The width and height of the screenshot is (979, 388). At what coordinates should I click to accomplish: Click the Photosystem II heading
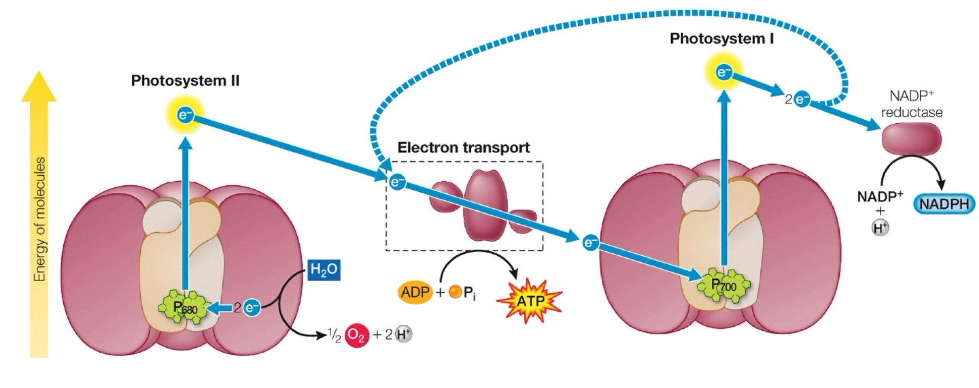point(185,81)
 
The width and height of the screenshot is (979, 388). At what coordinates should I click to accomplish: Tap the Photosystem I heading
point(722,39)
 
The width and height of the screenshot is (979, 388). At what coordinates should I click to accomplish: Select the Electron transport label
point(464,148)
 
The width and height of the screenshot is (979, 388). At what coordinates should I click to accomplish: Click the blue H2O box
point(324,270)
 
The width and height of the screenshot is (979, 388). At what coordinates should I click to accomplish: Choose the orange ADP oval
point(415,292)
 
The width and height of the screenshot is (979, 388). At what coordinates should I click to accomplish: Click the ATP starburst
point(529,301)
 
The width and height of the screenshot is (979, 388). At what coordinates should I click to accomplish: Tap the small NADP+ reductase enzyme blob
point(911,139)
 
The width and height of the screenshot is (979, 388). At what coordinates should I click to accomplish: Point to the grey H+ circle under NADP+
point(880,228)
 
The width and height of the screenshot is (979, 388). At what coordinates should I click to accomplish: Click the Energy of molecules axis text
point(40,219)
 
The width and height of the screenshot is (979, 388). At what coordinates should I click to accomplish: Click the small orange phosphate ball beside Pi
point(455,292)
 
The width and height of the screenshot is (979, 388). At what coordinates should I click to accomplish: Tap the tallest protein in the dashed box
point(486,205)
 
